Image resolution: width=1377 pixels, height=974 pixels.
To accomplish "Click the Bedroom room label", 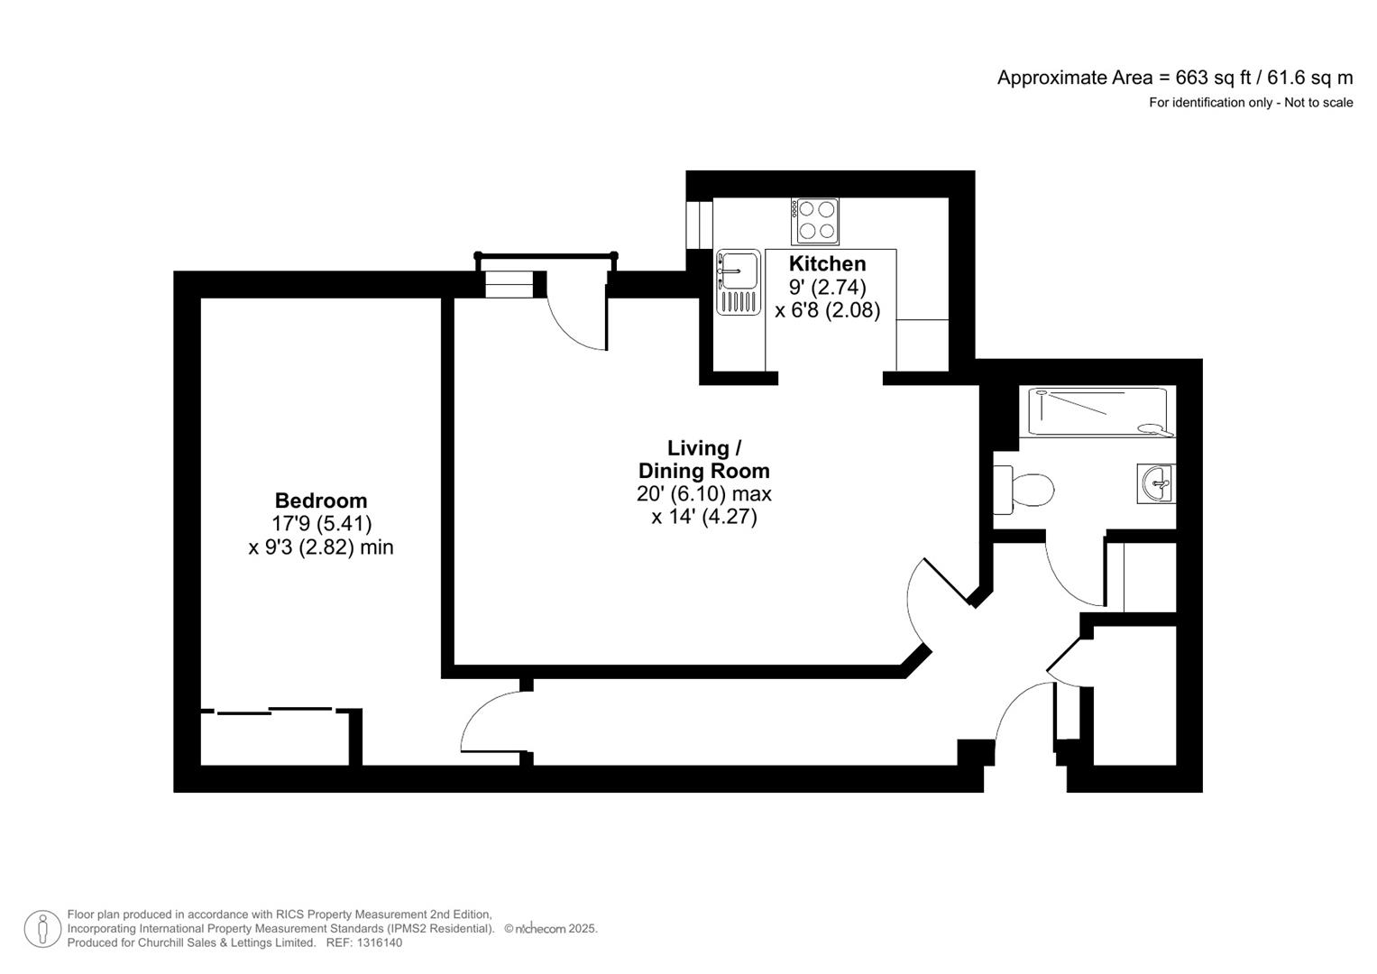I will coord(320,501).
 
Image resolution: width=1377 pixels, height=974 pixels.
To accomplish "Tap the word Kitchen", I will coord(827,263).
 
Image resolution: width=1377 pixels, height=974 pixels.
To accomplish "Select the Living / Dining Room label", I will coord(703,459).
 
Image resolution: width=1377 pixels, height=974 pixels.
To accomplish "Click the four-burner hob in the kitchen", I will coord(815,221).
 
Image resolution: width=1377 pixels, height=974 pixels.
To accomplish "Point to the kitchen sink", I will coord(738,281).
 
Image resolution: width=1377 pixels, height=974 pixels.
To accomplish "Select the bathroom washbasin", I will coord(1156,483).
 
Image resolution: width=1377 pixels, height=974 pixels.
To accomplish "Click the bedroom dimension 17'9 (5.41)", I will coord(321,524).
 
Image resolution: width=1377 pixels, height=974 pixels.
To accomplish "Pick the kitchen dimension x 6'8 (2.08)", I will coord(827,310).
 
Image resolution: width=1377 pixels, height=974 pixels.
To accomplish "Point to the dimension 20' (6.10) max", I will coord(703,494).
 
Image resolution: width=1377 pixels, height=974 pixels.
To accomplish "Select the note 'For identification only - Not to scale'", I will coord(1250,103).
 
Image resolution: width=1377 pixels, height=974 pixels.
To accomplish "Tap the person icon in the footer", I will coord(42,929).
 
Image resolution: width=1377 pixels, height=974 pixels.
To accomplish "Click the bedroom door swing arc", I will coord(487,717).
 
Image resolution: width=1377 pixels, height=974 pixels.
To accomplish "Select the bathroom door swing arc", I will coord(1069,577).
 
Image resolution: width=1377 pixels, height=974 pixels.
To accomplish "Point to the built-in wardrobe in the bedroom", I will coord(275,738).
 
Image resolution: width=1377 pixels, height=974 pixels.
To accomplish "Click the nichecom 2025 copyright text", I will coord(550,929).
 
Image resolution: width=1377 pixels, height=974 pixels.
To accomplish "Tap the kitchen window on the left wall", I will coord(693,224).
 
